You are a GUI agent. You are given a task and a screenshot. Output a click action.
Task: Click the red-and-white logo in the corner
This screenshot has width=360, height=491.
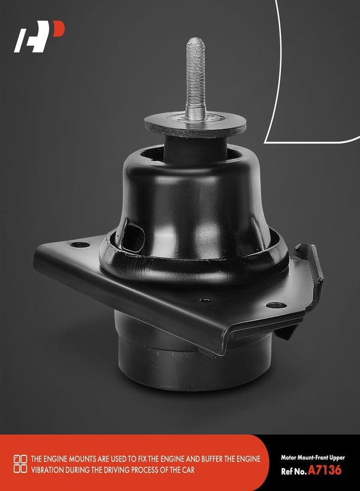click(39, 37)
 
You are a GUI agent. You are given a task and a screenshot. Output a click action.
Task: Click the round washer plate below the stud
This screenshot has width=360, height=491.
click(195, 125)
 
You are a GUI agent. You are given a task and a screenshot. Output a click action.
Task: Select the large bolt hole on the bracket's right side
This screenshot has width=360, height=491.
click(276, 305)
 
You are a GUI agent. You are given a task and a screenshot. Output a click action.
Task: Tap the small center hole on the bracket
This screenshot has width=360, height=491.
click(206, 301)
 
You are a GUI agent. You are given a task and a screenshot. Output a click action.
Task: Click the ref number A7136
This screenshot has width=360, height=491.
click(325, 470)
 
